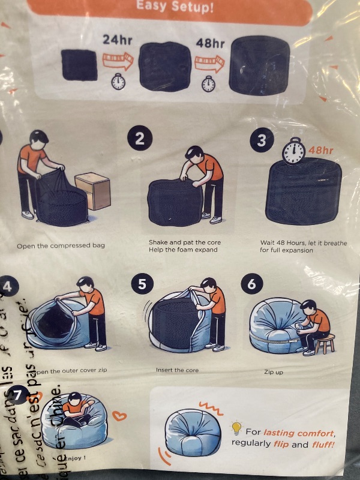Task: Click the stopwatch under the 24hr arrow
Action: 118,82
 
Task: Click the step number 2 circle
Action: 139,139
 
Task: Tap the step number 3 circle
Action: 261,141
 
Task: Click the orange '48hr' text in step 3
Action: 320,150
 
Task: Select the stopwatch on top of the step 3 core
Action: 293,151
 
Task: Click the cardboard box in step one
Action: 92,191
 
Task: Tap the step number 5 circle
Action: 142,284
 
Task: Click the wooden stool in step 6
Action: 325,344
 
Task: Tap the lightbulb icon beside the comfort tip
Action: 236,428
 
